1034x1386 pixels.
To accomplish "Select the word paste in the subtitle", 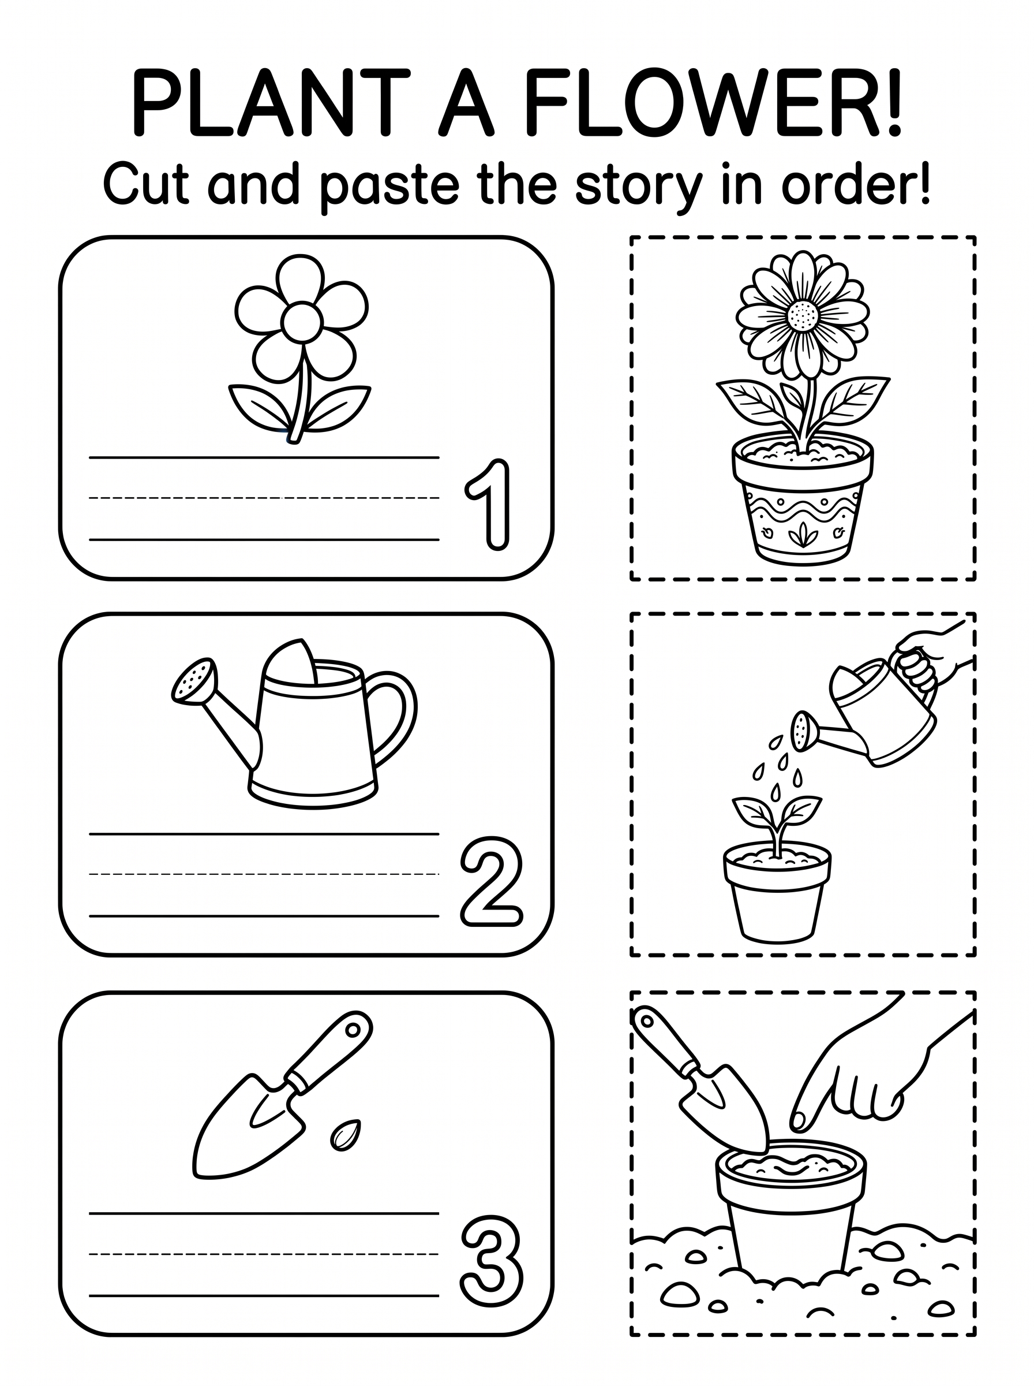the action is click(389, 186).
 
